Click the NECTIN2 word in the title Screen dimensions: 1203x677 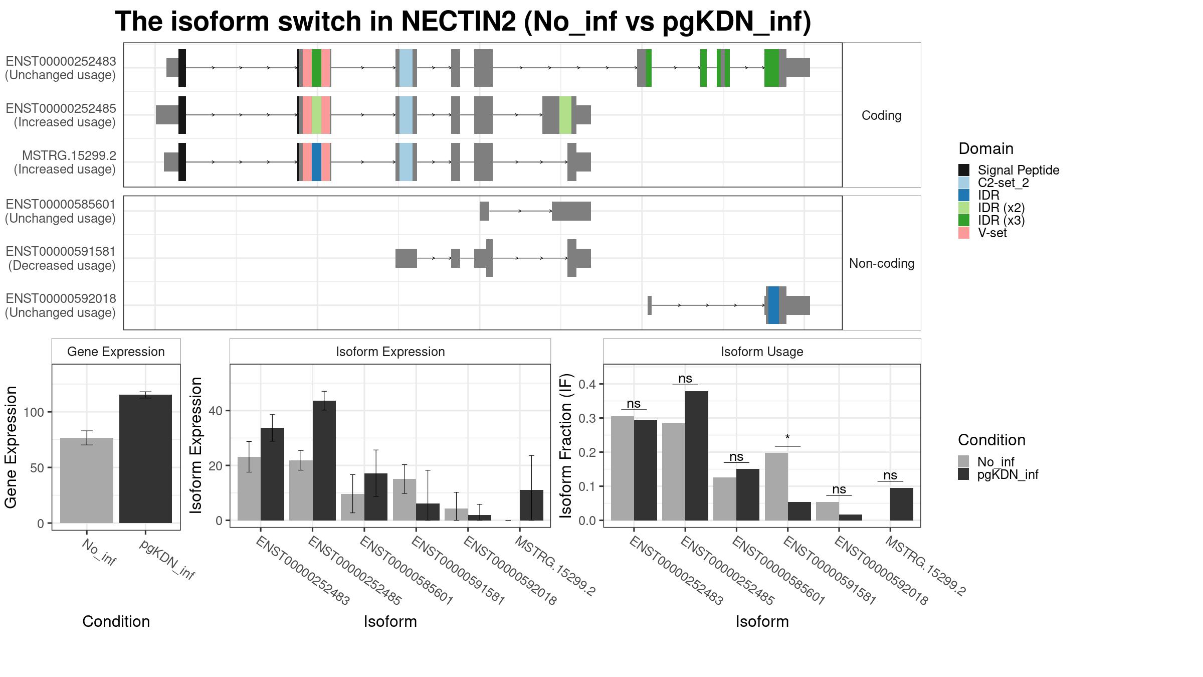click(x=459, y=22)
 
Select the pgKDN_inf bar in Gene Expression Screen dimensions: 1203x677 click(x=145, y=459)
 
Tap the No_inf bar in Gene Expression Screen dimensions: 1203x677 click(x=87, y=480)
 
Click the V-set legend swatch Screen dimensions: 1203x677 click(x=963, y=233)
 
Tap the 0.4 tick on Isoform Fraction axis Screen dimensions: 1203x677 click(x=585, y=384)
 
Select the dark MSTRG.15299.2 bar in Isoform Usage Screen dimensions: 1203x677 click(x=902, y=504)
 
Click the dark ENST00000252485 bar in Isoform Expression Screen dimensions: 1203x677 click(x=324, y=460)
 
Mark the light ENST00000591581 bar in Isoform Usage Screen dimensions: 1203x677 click(x=776, y=486)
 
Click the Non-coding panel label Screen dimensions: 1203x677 click(x=882, y=263)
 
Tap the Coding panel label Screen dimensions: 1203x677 click(x=882, y=115)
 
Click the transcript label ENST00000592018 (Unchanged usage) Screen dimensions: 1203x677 click(x=61, y=305)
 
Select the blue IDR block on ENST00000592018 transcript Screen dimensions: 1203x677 click(x=773, y=305)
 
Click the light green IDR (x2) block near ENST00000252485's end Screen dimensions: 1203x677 click(x=565, y=115)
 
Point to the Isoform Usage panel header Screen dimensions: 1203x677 click(x=762, y=352)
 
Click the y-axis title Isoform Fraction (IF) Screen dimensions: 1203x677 click(x=565, y=446)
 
